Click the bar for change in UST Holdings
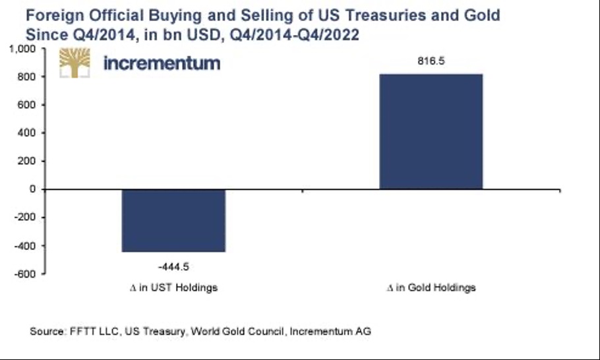[173, 220]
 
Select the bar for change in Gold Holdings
[431, 131]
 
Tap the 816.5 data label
[431, 61]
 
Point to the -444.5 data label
[173, 266]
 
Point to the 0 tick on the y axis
[32, 190]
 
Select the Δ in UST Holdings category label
[173, 288]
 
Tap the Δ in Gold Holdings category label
[431, 288]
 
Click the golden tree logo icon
[75, 63]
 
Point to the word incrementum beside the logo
[162, 63]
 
